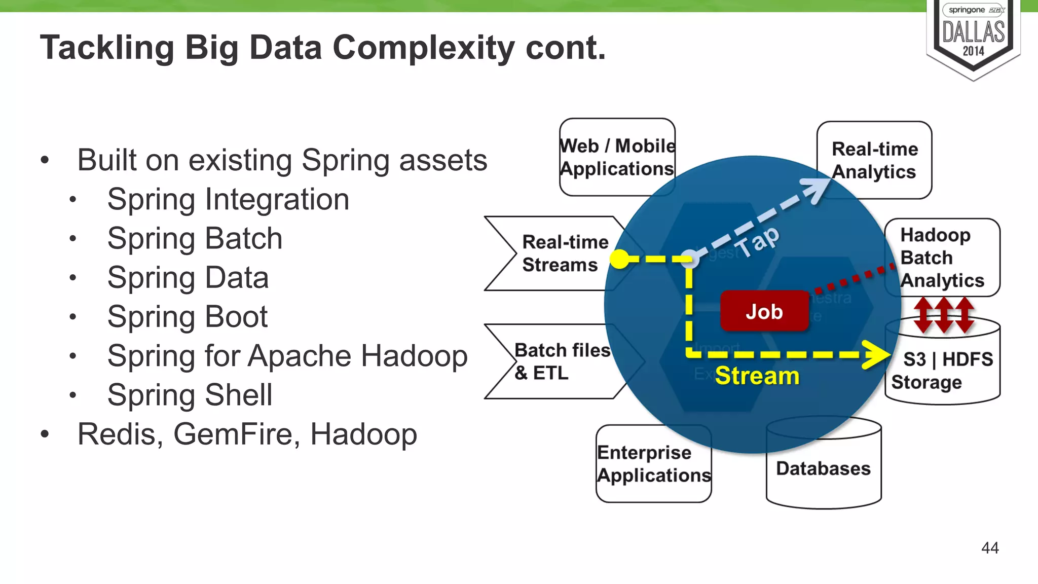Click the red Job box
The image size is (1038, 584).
pos(764,311)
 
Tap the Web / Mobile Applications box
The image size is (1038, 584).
pos(617,157)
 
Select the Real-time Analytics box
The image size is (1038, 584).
pos(874,160)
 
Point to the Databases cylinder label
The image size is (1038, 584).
pos(823,468)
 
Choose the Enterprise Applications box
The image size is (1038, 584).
pos(653,464)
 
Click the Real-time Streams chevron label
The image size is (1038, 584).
pos(565,253)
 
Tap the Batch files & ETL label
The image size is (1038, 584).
pos(562,361)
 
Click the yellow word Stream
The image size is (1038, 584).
pos(757,376)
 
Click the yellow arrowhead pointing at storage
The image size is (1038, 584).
pos(876,355)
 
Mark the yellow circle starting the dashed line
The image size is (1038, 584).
pos(619,259)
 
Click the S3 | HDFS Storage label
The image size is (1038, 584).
pos(942,371)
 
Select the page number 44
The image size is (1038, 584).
pos(989,548)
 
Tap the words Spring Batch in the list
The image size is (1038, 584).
pos(195,238)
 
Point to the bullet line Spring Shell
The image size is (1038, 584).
pos(190,395)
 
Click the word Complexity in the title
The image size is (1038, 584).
pos(423,48)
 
